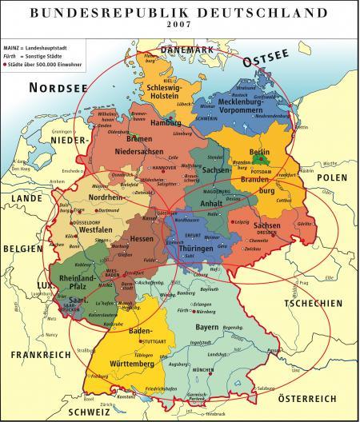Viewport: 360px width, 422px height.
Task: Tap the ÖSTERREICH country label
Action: (x=316, y=397)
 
